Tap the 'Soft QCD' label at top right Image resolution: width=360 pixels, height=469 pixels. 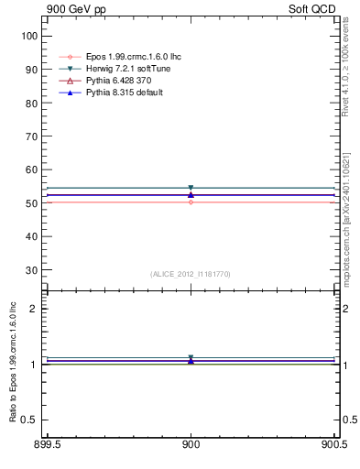click(312, 8)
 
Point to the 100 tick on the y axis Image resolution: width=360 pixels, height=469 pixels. click(29, 36)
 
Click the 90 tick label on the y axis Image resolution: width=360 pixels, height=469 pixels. click(32, 69)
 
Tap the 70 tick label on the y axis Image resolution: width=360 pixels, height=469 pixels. click(32, 136)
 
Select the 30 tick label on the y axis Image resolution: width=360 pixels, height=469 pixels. click(32, 270)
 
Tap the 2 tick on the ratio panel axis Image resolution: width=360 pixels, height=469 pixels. click(36, 309)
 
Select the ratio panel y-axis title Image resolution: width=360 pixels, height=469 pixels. click(14, 364)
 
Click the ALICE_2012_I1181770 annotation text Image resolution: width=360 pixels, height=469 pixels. click(191, 274)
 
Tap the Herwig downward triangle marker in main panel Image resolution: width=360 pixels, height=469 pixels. click(191, 188)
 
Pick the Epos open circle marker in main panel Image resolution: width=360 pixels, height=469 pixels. click(191, 202)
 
